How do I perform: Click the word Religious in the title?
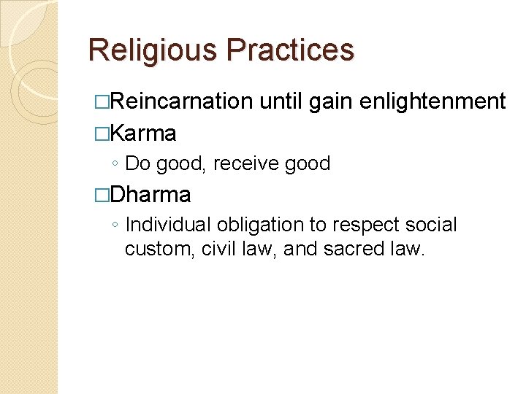coord(153,50)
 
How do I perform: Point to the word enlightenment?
coord(433,101)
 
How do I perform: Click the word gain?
coord(333,101)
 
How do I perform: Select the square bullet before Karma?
coord(103,134)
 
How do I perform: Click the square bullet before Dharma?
coord(103,196)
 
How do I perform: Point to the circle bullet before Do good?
coord(115,165)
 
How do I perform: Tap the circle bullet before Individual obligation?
coord(115,226)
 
